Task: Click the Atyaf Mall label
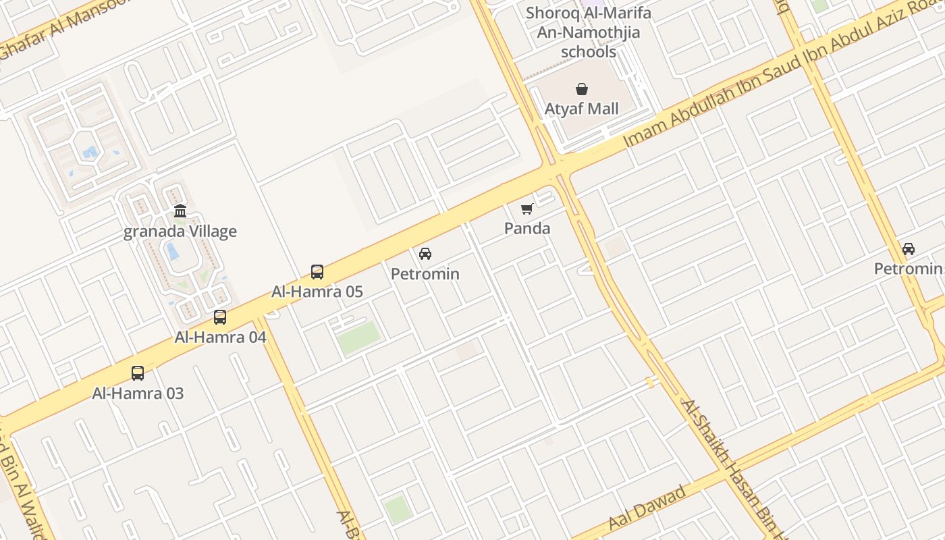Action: (x=581, y=109)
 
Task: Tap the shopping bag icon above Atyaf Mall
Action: (x=581, y=89)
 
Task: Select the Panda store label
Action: (x=527, y=228)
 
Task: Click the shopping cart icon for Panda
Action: (x=527, y=209)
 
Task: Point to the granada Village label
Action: (x=180, y=232)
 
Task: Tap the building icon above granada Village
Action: (x=180, y=211)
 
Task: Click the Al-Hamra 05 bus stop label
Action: (x=317, y=292)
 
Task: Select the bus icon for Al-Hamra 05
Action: (x=317, y=272)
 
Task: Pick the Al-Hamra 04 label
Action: (x=220, y=337)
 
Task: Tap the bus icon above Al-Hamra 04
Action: (x=220, y=317)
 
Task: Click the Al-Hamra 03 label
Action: (x=138, y=393)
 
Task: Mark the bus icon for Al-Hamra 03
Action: (x=138, y=373)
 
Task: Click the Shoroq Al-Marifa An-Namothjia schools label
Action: (x=589, y=32)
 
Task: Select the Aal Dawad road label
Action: (x=647, y=507)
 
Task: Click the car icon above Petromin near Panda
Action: (x=425, y=254)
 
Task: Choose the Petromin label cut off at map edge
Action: (x=909, y=269)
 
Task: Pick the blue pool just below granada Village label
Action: (x=173, y=251)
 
